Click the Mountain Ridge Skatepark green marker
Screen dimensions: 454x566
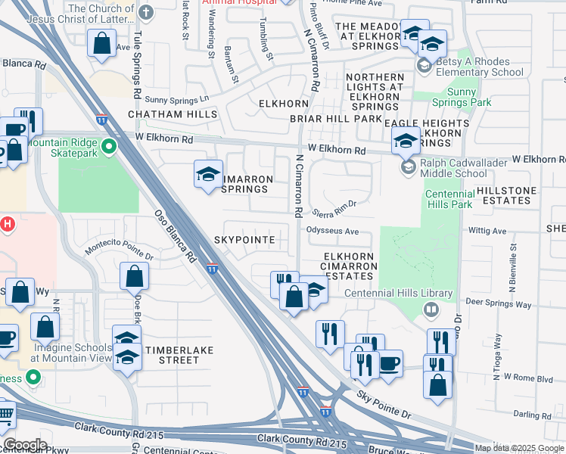pos(109,146)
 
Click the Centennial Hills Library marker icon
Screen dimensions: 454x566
pos(431,309)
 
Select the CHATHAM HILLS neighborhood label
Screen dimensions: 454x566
pos(173,114)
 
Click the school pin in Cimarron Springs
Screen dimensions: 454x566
pos(209,175)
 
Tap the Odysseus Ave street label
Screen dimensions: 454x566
pos(332,232)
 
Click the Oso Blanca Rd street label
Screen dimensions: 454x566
pos(175,235)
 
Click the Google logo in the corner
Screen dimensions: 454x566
pos(24,445)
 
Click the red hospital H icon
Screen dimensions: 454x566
pos(7,224)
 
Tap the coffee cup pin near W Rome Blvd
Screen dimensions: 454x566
pos(390,363)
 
